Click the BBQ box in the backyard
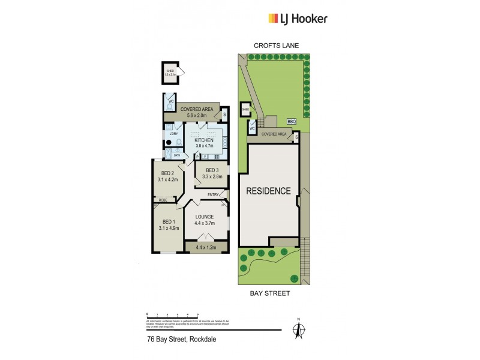point(292,122)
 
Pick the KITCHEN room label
point(204,140)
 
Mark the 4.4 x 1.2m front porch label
point(206,246)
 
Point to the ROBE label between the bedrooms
point(162,199)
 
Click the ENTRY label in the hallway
point(213,194)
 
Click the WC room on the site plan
point(252,127)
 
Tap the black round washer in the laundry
point(169,143)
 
